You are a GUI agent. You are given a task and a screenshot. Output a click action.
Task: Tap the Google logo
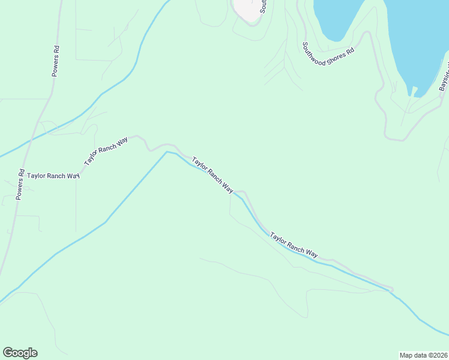point(20,353)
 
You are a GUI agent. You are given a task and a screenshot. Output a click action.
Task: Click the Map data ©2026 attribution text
point(423,355)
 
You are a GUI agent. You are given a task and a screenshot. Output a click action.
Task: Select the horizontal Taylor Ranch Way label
point(53,176)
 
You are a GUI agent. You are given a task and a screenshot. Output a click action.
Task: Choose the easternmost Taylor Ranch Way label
point(294,245)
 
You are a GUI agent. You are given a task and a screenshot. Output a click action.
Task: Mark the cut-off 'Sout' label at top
point(263,7)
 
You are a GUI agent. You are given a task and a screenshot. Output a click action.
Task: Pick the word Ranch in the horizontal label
point(58,176)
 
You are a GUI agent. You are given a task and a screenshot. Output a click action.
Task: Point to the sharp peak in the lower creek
point(167,152)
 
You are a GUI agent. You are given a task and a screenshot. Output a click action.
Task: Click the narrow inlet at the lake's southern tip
point(414,91)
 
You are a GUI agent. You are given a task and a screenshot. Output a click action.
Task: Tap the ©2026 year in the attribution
point(436,355)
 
